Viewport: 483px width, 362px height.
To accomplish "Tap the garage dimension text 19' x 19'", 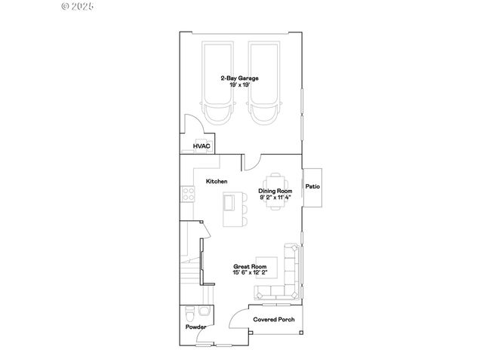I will [240, 84].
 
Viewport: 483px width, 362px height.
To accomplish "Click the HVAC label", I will [202, 146].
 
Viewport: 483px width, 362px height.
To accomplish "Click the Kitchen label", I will [217, 182].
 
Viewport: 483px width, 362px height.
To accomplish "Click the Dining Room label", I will [275, 191].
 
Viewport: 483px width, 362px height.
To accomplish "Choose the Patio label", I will [312, 186].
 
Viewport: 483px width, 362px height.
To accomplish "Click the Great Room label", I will [249, 266].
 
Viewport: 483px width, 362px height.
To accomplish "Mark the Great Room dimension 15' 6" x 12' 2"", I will [250, 272].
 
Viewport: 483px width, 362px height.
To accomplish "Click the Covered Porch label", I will [273, 320].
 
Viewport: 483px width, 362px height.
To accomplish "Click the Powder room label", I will [196, 327].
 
